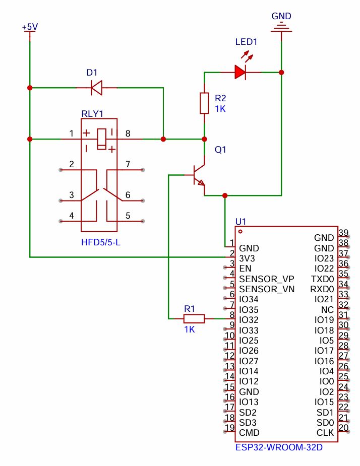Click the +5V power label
coord(30,27)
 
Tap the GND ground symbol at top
coord(281,28)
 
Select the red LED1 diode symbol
coord(240,73)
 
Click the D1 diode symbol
coord(96,88)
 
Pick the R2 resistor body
coord(204,103)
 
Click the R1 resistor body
coord(194,318)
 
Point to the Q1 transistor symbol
coord(198,176)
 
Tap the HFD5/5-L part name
coord(101,243)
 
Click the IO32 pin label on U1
coord(249,320)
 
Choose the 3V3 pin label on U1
coord(248,258)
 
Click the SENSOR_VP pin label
coord(266,279)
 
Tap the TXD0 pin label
coord(323,279)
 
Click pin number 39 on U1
coord(344,232)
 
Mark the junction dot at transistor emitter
coord(225,195)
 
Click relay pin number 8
coord(128,134)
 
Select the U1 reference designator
coord(241,222)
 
